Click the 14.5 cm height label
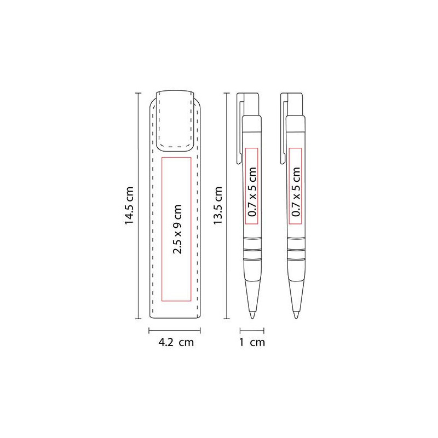(x=129, y=205)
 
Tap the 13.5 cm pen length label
(x=217, y=205)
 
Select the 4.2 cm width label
(x=176, y=342)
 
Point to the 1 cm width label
(x=252, y=342)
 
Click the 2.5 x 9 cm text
(x=177, y=229)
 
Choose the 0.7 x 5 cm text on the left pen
(x=252, y=192)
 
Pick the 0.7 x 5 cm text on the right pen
(x=296, y=192)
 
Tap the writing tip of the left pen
(x=252, y=315)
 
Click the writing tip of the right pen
(x=296, y=315)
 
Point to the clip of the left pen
(x=240, y=129)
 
